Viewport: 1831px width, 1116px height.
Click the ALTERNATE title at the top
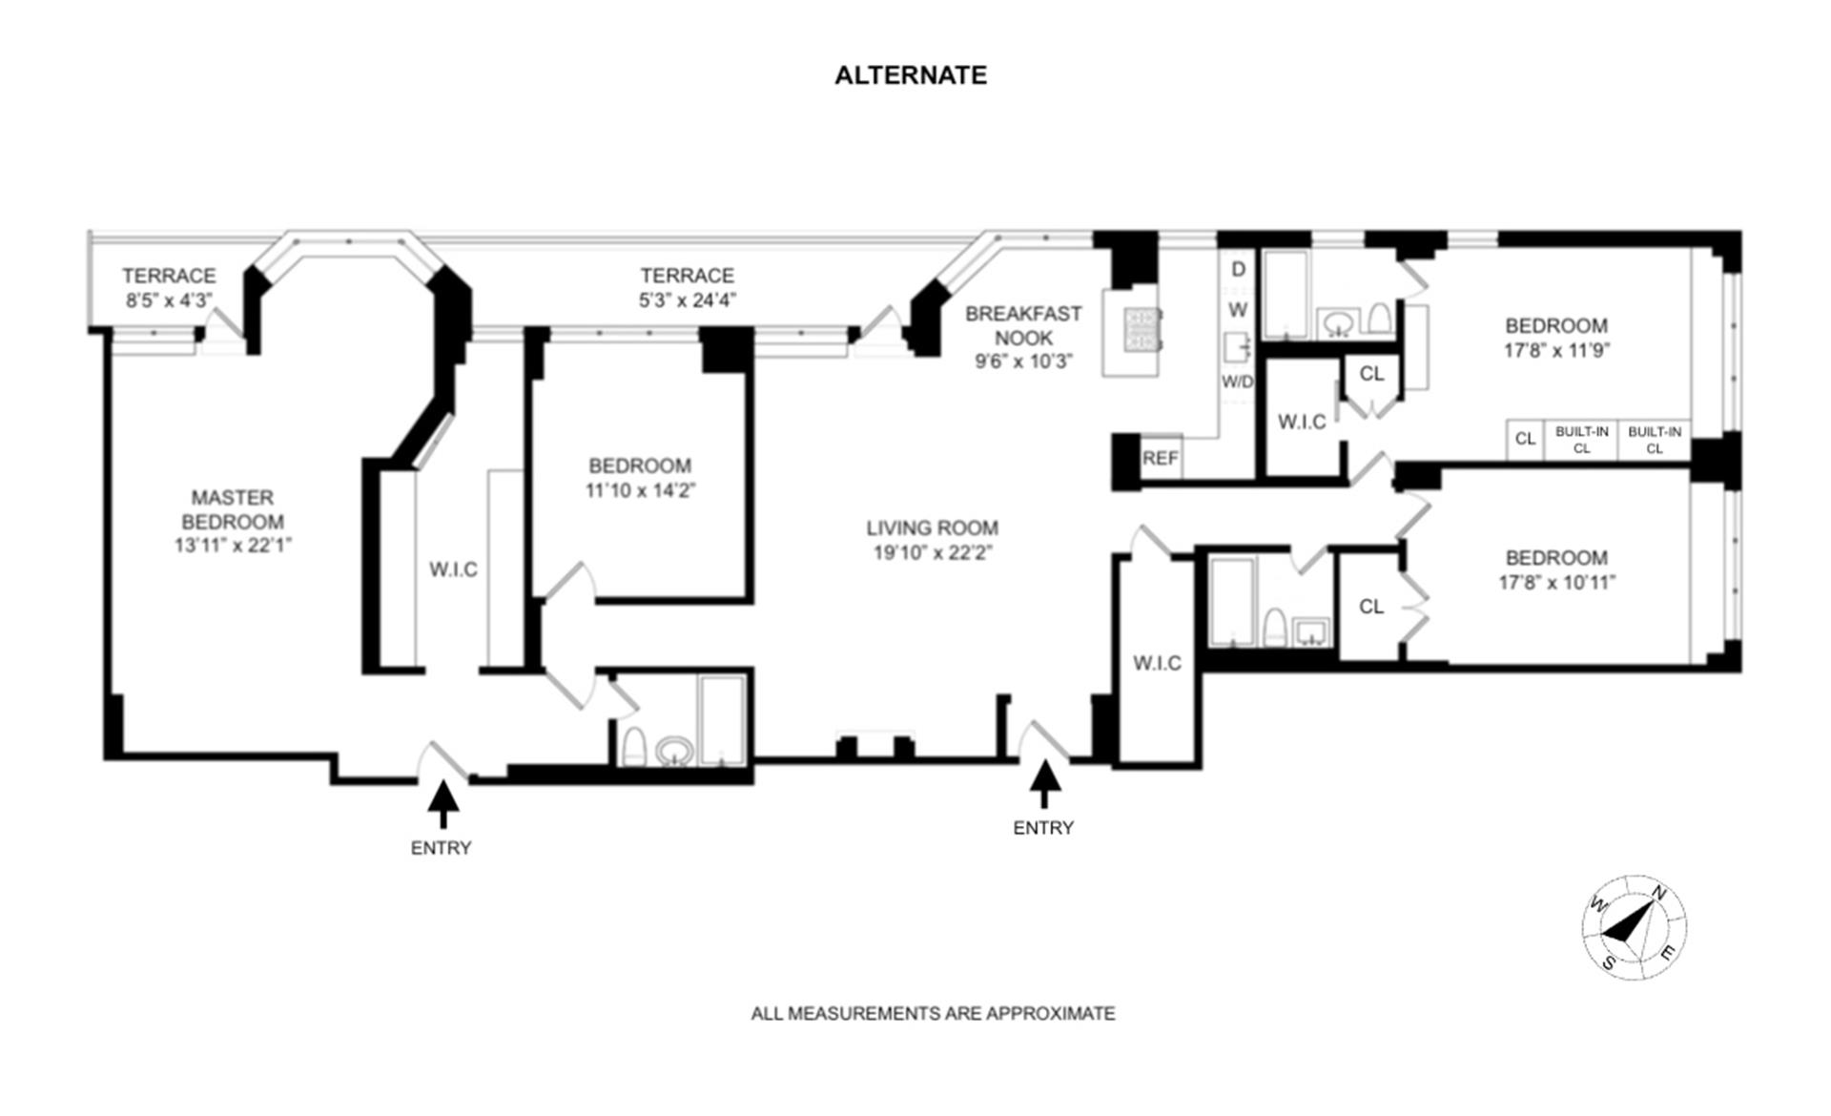tap(911, 75)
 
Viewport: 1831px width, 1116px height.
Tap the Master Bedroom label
tap(233, 509)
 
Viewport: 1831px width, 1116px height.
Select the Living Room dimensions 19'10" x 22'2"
tap(933, 553)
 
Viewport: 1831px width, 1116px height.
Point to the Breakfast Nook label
tap(1023, 325)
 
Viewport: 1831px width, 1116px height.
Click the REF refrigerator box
tap(1160, 459)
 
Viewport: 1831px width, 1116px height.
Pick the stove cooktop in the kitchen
tap(1142, 328)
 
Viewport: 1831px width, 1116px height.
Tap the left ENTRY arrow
tap(442, 803)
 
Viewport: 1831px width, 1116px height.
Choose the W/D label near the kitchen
tap(1238, 382)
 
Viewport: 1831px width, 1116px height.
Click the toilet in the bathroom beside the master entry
tap(634, 747)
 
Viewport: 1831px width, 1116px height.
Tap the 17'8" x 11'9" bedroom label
tap(1556, 350)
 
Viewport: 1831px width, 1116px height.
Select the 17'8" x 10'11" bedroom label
tap(1556, 583)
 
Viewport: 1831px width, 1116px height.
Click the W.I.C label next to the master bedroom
tap(453, 569)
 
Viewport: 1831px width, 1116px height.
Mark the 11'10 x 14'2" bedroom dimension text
tap(640, 491)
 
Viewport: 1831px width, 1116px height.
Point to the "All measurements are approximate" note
tap(933, 1013)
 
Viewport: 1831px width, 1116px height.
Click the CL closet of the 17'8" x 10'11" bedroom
tap(1370, 607)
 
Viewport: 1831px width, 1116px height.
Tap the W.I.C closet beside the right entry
tap(1157, 663)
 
